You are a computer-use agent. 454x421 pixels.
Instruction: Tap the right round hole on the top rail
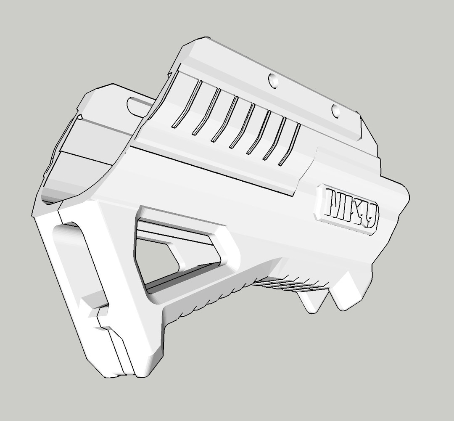click(x=336, y=111)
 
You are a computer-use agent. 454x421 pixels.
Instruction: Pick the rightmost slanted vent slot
click(x=290, y=144)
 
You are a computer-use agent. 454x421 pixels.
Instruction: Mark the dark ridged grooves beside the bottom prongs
click(x=286, y=284)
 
